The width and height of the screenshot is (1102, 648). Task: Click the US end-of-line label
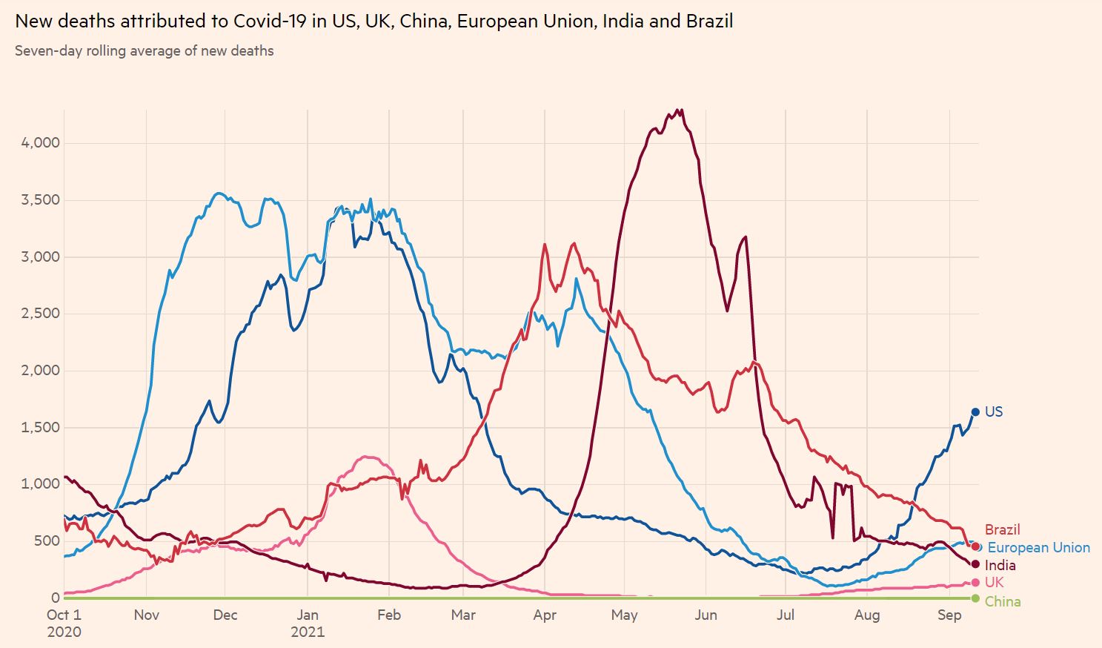(x=993, y=411)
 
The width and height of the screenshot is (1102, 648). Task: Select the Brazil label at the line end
(x=1002, y=529)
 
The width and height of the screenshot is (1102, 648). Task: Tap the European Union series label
(x=1038, y=548)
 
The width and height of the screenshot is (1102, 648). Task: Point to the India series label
(x=1000, y=565)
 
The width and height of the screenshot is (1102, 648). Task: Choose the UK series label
(x=994, y=583)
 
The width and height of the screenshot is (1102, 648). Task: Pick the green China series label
(x=1002, y=601)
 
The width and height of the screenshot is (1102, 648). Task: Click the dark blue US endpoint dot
(x=975, y=412)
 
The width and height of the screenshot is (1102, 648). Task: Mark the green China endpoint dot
(x=975, y=598)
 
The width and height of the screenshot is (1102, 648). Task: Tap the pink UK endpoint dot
(x=975, y=583)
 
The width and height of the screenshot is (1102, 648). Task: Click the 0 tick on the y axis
(x=56, y=598)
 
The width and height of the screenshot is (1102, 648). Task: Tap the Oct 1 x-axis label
(x=64, y=615)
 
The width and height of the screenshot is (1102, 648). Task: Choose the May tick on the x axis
(x=624, y=615)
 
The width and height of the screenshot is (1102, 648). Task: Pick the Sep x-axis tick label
(x=949, y=615)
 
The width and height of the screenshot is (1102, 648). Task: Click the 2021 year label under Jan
(x=308, y=632)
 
